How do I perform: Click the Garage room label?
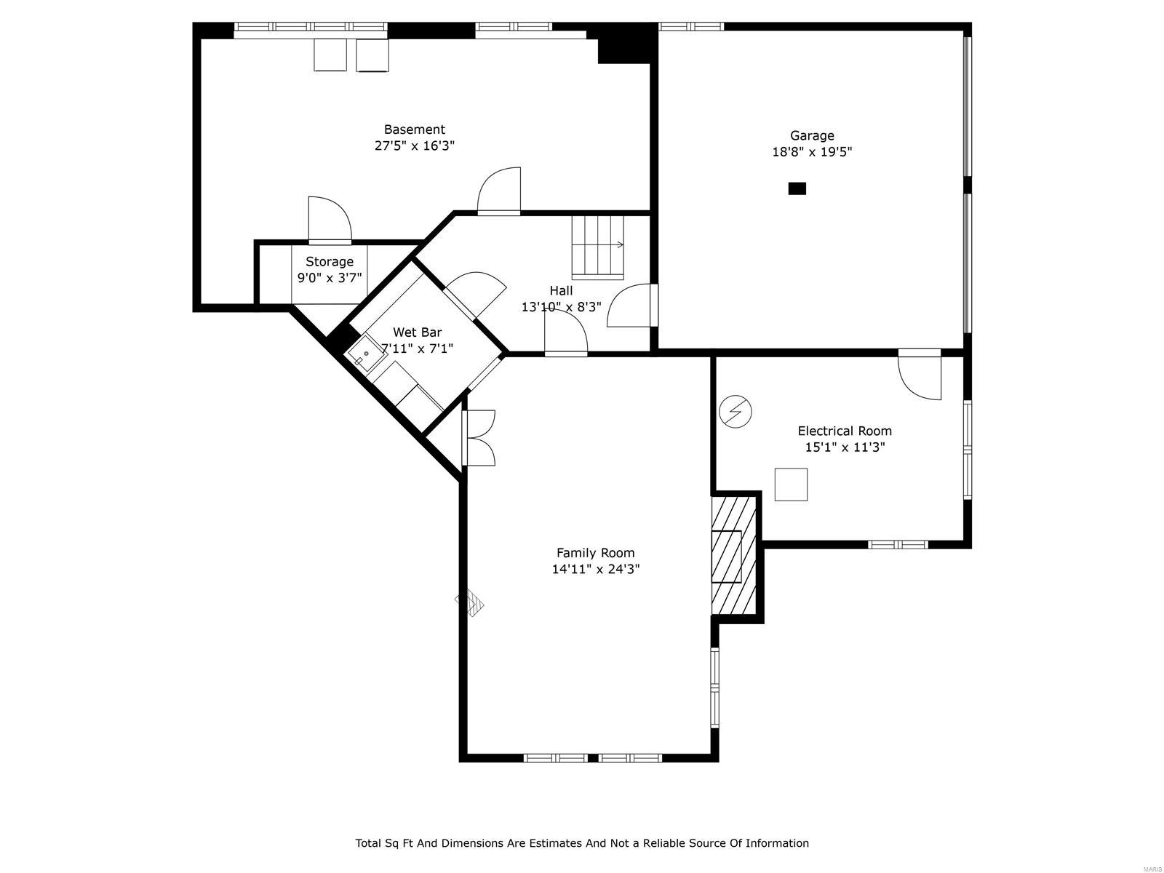pos(812,135)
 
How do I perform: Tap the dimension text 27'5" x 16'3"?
pos(414,145)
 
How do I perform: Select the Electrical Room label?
pos(844,431)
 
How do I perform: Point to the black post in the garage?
pos(797,188)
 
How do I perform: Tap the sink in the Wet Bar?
pos(366,356)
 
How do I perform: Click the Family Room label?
pos(595,553)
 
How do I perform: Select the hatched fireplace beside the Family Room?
pos(733,554)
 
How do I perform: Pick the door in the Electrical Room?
pos(920,375)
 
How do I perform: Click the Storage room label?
pos(330,262)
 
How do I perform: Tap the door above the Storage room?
pos(329,220)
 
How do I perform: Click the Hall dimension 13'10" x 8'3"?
pos(561,307)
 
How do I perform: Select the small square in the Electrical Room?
pos(791,485)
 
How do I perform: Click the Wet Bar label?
pos(417,332)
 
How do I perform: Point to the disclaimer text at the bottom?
pos(581,843)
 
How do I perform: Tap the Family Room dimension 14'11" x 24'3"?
pos(595,569)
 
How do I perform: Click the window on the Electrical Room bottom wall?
pos(898,544)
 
